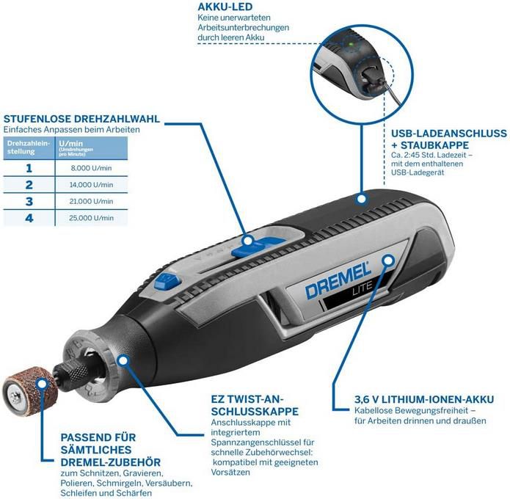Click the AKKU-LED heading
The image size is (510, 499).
click(x=224, y=7)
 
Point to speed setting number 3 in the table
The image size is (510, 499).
click(x=29, y=201)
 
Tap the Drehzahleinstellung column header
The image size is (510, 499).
click(x=29, y=145)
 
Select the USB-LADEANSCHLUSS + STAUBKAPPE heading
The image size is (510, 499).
click(x=448, y=140)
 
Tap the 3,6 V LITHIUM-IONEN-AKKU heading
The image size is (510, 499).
click(x=413, y=399)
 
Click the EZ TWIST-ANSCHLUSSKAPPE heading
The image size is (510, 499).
click(x=254, y=406)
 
